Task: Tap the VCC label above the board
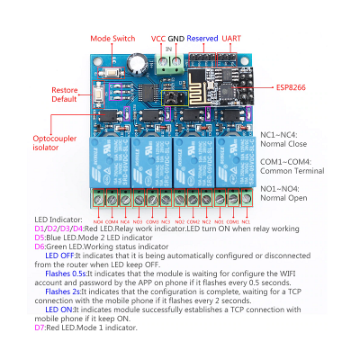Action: (x=157, y=39)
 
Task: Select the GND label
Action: (x=175, y=39)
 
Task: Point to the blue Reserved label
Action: (x=202, y=39)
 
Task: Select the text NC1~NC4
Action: (x=281, y=135)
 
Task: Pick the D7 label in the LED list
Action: (x=39, y=328)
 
